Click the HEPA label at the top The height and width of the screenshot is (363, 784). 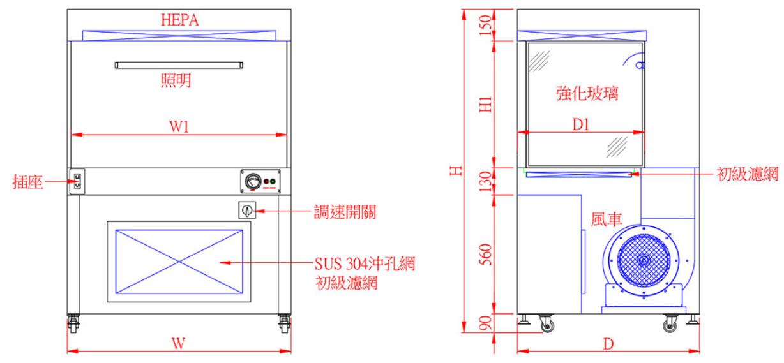point(179,20)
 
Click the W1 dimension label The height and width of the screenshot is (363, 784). point(179,127)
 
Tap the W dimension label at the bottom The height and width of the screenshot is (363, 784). point(179,343)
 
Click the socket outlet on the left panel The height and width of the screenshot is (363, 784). point(77,182)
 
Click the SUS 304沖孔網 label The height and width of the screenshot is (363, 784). point(365,263)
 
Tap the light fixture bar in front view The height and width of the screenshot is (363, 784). point(179,65)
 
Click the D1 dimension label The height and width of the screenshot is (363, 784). point(580,126)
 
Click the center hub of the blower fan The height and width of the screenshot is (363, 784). point(643,261)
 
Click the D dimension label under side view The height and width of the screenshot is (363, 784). point(608,343)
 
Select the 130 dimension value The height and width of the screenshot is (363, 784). point(485,181)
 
